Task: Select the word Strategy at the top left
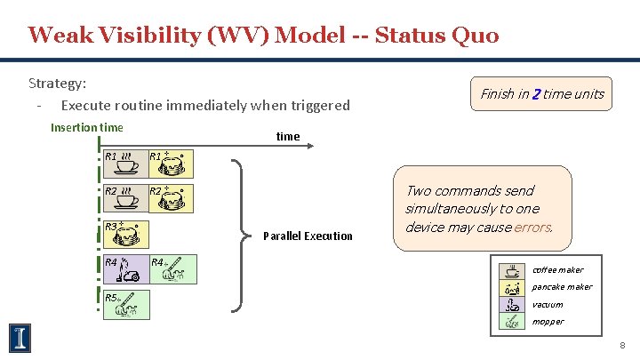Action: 57,84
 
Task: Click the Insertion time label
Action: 87,127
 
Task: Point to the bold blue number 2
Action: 536,94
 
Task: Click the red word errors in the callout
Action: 532,227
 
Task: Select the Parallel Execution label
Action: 308,236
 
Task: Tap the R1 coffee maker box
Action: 123,164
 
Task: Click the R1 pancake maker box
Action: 167,164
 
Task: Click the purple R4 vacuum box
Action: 123,269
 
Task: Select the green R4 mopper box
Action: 167,269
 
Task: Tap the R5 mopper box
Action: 124,304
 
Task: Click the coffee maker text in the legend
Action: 557,270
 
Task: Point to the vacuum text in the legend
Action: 547,304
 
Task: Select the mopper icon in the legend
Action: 512,321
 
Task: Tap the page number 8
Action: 623,345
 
